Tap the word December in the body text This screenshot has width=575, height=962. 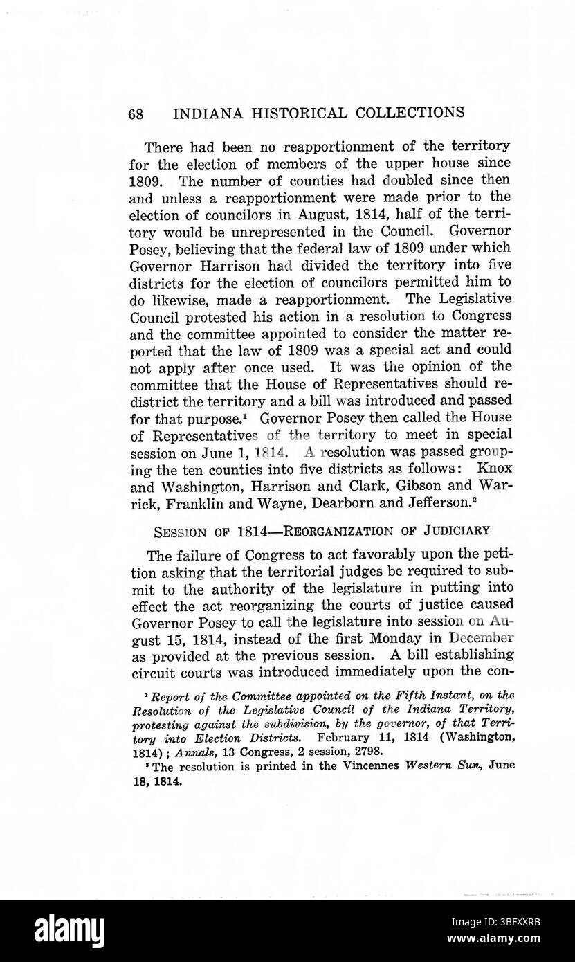click(471, 637)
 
